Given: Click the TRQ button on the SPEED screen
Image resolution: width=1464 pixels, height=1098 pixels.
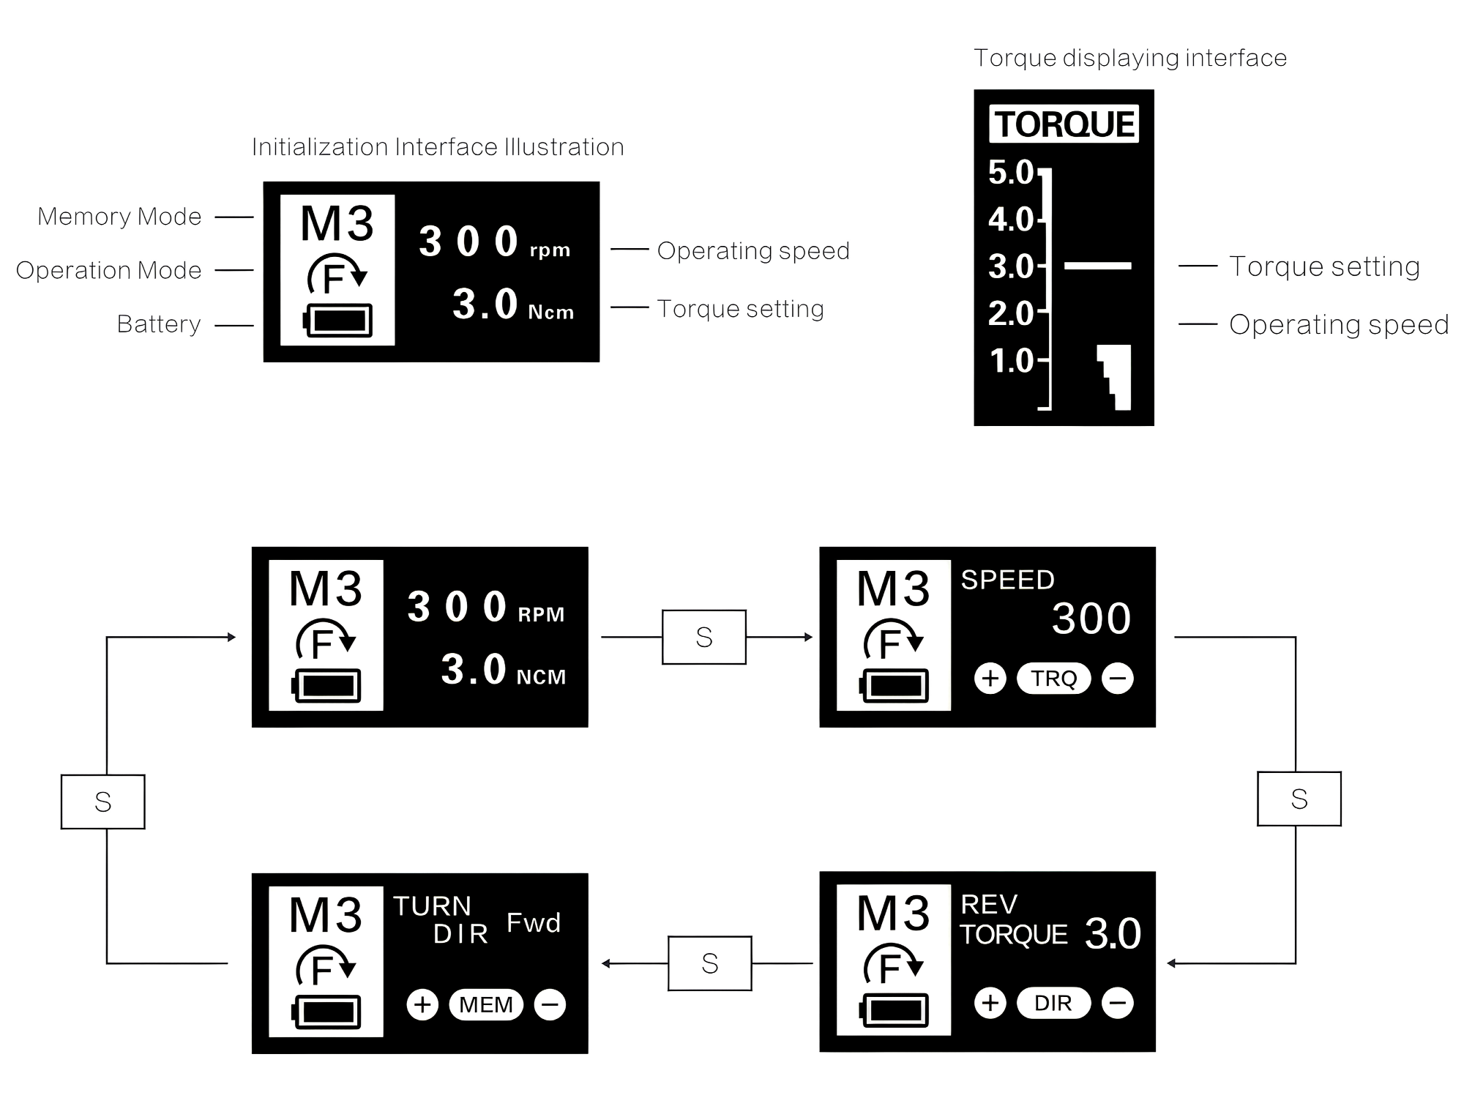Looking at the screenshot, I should (x=1053, y=679).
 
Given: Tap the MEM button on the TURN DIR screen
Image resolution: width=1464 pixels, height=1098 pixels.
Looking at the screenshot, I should (x=486, y=1004).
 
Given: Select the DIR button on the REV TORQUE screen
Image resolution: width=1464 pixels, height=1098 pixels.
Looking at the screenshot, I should (x=1053, y=1003).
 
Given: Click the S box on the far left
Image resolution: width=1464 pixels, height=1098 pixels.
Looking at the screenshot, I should (x=103, y=802).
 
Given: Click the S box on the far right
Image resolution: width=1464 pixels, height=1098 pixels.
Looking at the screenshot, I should (x=1299, y=799).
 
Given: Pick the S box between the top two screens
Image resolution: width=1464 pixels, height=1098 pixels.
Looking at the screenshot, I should (x=704, y=637).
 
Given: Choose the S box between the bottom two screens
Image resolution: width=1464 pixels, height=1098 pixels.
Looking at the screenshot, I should (x=709, y=963).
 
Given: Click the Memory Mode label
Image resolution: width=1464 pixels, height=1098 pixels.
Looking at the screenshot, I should (x=119, y=217).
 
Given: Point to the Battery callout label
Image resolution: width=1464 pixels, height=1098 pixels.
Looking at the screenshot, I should (x=159, y=324).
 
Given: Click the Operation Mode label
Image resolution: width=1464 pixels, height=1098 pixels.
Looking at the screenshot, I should (x=108, y=270).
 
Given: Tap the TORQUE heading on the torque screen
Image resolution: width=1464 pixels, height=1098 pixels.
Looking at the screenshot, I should (x=1064, y=124).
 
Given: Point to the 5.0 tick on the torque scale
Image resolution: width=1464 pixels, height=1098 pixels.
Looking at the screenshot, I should (x=1012, y=173).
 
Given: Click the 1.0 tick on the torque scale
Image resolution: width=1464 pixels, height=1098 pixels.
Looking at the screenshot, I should (x=1012, y=361).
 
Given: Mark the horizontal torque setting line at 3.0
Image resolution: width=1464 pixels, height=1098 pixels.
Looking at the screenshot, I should (x=1097, y=266).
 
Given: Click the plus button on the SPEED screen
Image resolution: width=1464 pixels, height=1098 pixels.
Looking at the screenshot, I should (x=990, y=678).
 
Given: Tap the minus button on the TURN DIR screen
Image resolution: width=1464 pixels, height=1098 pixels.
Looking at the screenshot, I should (x=550, y=1004).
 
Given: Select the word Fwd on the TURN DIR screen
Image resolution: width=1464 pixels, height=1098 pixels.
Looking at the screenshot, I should (x=534, y=922).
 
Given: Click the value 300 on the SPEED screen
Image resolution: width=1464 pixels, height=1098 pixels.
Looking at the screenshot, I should (x=1091, y=619).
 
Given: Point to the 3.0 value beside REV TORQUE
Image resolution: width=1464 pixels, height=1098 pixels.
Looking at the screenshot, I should (x=1113, y=933).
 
